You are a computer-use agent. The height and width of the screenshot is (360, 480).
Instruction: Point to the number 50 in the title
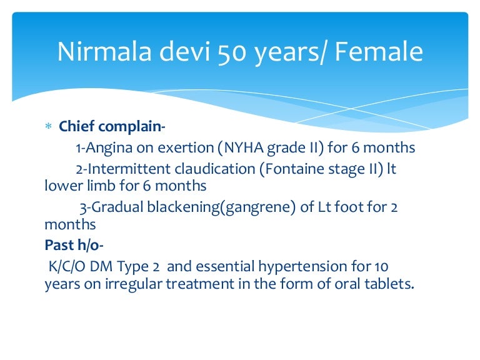tap(232, 52)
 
